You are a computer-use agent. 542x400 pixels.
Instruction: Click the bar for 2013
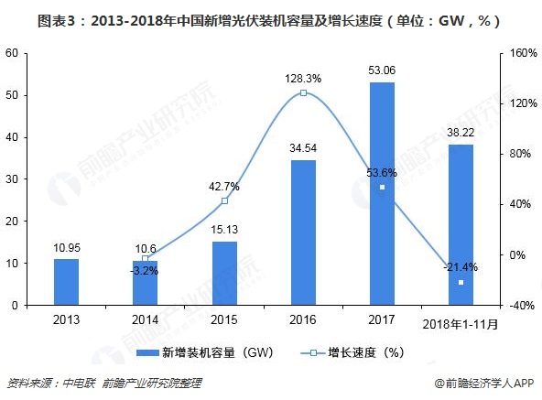point(66,282)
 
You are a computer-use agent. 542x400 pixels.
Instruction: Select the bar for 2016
point(303,232)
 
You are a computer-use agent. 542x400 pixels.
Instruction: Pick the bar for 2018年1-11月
point(461,224)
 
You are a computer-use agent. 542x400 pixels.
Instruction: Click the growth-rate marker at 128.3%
point(303,93)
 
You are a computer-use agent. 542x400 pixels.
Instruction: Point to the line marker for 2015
point(224,200)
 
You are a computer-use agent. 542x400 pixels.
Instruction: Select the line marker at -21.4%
point(461,282)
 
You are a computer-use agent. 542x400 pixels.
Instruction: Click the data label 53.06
point(382,70)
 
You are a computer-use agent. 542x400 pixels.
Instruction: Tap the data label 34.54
point(303,148)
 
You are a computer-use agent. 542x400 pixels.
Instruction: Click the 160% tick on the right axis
point(518,53)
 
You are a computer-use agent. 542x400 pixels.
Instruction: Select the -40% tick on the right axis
point(518,305)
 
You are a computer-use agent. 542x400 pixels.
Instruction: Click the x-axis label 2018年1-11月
point(461,323)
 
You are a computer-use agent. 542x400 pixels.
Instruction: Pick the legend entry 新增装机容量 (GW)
point(194,352)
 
